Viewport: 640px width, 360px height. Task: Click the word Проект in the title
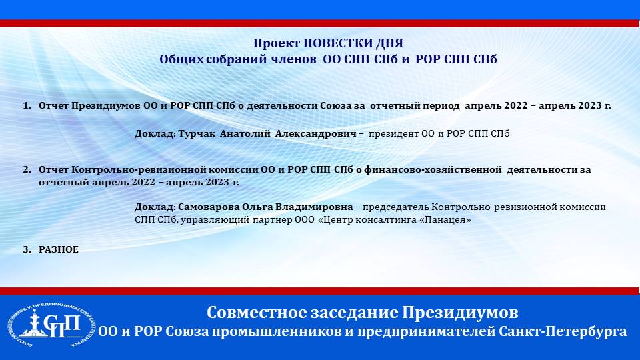[x=276, y=43]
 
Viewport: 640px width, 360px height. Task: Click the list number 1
[x=27, y=106]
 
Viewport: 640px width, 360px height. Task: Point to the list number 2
[x=27, y=170]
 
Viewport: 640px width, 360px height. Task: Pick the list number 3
[x=27, y=250]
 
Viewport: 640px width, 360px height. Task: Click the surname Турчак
[x=197, y=134]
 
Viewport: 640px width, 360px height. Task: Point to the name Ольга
[x=257, y=207]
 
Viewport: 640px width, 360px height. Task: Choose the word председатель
[x=395, y=207]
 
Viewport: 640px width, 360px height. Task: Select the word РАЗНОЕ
[x=59, y=250]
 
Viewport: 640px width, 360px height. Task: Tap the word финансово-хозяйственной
[x=433, y=170]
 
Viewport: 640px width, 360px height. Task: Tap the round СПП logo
[x=51, y=326]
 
